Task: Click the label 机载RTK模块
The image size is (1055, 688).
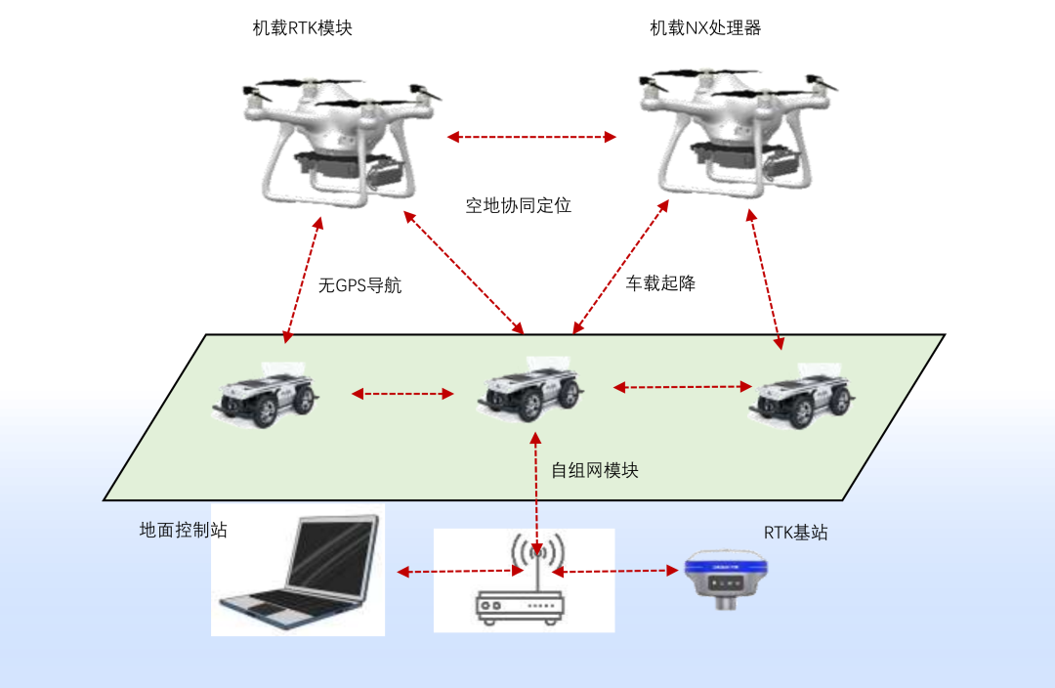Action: [302, 28]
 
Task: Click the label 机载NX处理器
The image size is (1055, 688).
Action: [705, 28]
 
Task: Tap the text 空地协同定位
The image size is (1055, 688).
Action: [518, 205]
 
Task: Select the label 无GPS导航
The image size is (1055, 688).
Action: [359, 286]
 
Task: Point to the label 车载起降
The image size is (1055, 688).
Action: [660, 283]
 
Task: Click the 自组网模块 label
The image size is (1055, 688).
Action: [595, 470]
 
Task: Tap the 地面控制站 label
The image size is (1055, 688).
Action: [184, 530]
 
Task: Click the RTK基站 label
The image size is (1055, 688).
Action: [795, 533]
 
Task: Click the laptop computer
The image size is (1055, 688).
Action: [298, 572]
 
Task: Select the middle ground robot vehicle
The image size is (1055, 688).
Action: [530, 391]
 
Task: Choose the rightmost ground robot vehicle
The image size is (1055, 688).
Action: [803, 397]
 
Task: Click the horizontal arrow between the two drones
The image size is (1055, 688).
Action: [531, 137]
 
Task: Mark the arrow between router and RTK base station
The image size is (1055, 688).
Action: [614, 569]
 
